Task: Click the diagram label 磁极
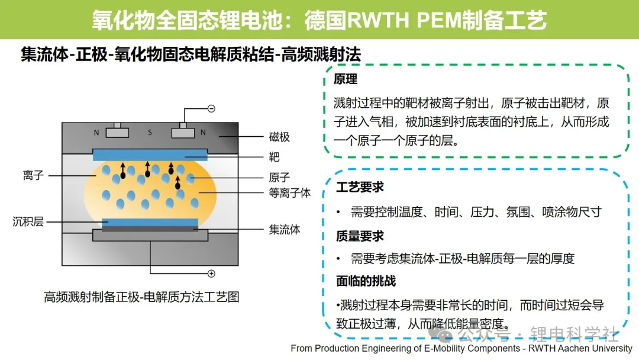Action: click(279, 137)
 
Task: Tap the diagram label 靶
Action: click(274, 157)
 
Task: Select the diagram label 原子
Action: click(279, 178)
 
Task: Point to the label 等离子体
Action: click(290, 193)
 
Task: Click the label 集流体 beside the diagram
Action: click(285, 230)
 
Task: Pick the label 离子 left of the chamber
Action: click(33, 175)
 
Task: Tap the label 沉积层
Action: click(28, 221)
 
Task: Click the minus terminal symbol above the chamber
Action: click(211, 108)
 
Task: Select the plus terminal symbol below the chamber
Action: click(211, 274)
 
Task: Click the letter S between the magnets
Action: click(150, 133)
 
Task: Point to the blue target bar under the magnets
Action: click(150, 155)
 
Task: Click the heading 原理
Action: click(345, 79)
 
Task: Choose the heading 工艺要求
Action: click(360, 187)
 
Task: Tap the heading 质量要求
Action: click(360, 236)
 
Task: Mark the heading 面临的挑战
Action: click(366, 281)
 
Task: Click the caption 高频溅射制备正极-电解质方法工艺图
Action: click(141, 297)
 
